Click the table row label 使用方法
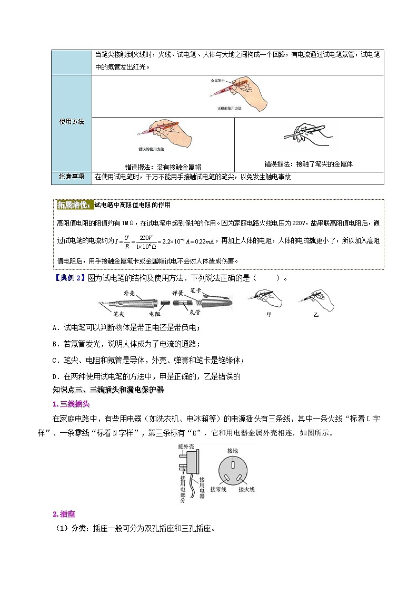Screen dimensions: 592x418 coord(71,122)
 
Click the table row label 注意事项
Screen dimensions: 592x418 coord(71,177)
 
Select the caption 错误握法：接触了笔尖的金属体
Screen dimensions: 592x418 coord(308,164)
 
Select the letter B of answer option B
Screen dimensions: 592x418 coord(55,344)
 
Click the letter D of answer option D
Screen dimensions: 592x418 coord(55,376)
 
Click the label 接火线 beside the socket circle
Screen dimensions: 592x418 coord(246,489)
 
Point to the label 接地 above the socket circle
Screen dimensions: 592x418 coord(232,451)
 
